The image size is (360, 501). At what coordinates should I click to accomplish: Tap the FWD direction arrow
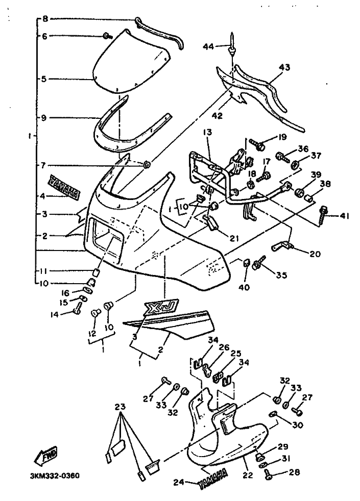(46, 454)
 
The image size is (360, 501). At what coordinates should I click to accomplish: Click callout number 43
(284, 67)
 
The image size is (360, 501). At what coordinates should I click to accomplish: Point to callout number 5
(44, 79)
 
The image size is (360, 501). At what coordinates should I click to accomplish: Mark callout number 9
(44, 118)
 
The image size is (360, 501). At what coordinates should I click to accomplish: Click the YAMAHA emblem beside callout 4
(65, 186)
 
